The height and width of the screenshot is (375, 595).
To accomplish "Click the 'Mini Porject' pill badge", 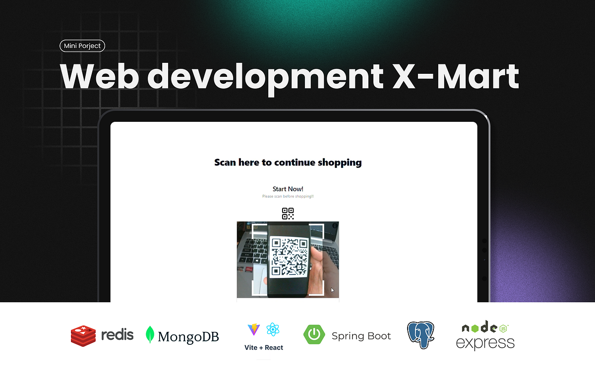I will (82, 46).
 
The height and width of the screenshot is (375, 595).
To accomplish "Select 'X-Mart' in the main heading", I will (449, 76).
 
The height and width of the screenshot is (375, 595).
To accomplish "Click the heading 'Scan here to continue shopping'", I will (288, 162).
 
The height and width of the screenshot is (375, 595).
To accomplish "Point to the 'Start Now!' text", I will (288, 189).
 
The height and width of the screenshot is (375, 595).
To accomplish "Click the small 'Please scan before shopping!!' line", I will (288, 197).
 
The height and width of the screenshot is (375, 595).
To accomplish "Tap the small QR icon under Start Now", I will (288, 214).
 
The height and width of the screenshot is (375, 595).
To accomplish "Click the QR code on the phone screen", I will (290, 257).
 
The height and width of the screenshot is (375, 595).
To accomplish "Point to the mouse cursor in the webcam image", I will (332, 290).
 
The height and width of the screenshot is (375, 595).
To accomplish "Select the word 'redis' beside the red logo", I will (117, 335).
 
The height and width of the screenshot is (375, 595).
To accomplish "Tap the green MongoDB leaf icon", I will (150, 335).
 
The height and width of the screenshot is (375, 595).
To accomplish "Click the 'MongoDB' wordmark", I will (188, 337).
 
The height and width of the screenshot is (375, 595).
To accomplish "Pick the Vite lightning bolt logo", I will (253, 329).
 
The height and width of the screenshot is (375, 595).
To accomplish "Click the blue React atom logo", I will (273, 329).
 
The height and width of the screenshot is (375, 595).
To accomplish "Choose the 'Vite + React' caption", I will (264, 348).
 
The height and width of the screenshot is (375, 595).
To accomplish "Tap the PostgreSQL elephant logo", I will (420, 335).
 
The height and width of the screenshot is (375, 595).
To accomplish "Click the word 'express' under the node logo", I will (485, 343).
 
